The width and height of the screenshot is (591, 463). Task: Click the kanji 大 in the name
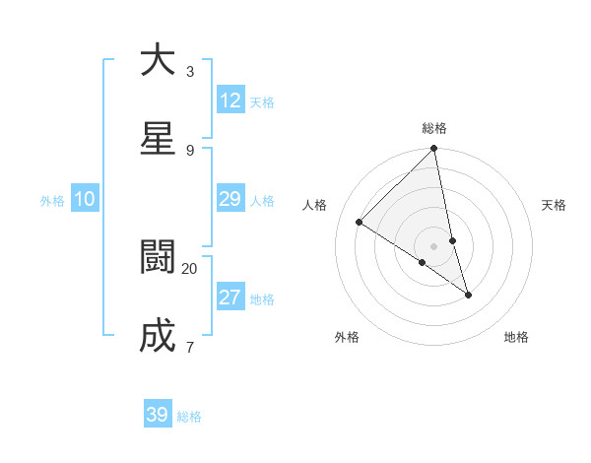point(158,61)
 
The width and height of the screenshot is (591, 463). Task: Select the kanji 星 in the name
point(158,140)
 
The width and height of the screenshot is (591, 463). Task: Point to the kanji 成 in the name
point(158,337)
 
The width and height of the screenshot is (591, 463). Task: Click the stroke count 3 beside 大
point(190,71)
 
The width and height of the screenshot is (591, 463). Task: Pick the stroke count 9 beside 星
point(190,150)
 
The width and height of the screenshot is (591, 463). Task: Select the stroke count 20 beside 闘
point(190,268)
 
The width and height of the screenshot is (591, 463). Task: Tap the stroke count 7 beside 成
point(190,347)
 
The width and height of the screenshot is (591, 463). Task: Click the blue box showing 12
point(230,100)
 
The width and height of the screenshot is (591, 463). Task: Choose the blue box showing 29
point(230,199)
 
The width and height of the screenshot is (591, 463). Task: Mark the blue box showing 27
point(230,298)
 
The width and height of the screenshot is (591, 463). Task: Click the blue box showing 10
point(85,199)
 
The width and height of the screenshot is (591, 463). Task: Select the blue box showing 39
point(158,415)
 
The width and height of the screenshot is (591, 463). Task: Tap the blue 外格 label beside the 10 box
point(52,201)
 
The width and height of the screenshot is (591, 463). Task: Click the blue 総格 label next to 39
point(189,417)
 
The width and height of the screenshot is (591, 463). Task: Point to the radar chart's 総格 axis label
point(434,128)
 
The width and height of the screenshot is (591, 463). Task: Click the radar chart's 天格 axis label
point(555,205)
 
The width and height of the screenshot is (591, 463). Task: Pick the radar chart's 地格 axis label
point(516,337)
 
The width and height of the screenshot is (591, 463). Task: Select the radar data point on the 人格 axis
point(360,223)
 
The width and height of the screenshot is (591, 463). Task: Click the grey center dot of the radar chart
point(434,246)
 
